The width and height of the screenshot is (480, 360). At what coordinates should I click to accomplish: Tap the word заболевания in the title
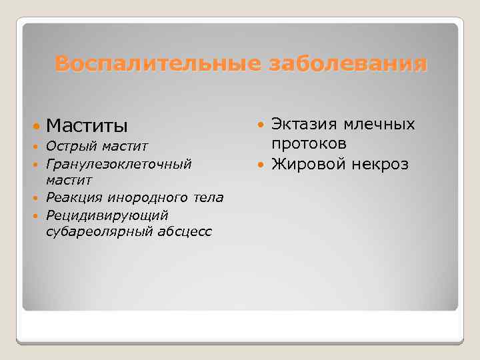click(x=346, y=64)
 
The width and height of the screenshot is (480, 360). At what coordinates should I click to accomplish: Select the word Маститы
click(x=87, y=125)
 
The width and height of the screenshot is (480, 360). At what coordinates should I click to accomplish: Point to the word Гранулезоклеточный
click(x=119, y=163)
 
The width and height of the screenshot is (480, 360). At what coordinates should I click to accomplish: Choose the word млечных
click(x=380, y=125)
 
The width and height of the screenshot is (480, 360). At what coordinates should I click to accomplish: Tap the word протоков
click(x=309, y=143)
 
